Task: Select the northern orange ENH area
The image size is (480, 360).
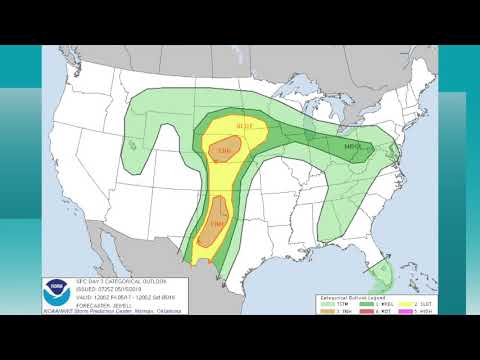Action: [x=224, y=151]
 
